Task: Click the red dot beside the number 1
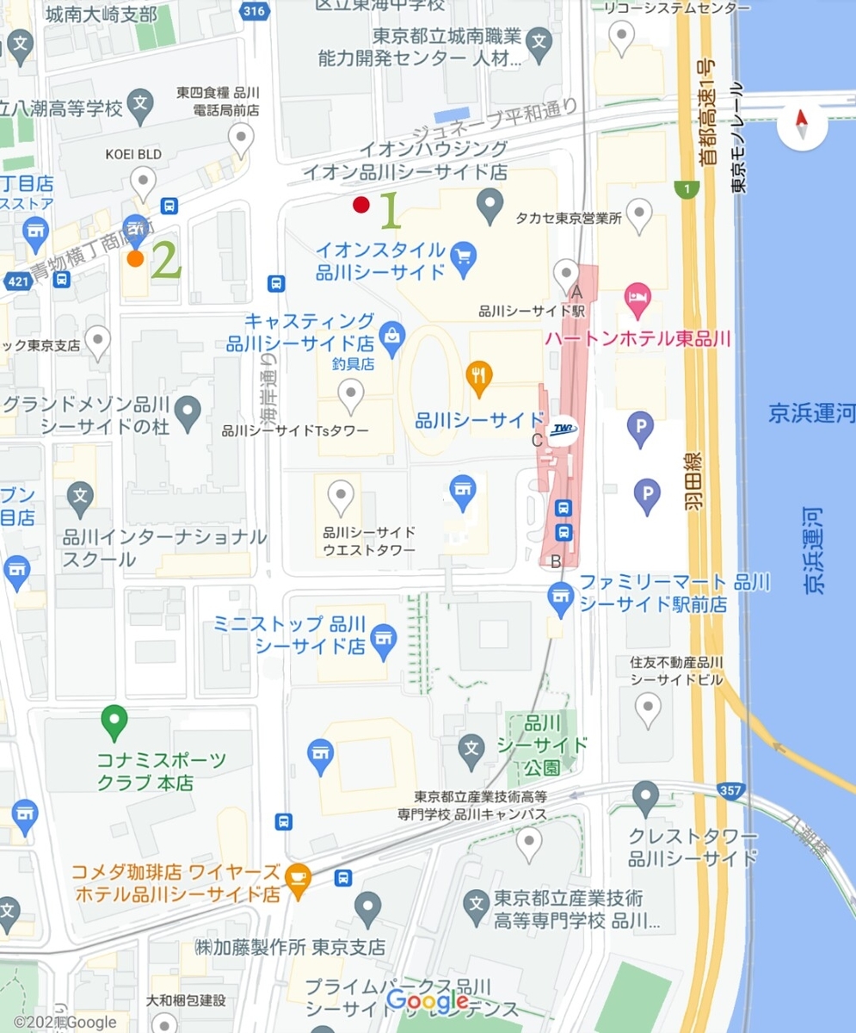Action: pyautogui.click(x=361, y=205)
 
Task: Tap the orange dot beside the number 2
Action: pyautogui.click(x=135, y=258)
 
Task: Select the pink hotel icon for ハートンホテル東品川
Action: pyautogui.click(x=638, y=299)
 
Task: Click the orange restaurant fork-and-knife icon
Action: pyautogui.click(x=478, y=374)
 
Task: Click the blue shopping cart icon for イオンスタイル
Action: pyautogui.click(x=464, y=255)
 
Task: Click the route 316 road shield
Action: pyautogui.click(x=254, y=10)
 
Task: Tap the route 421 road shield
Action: pyautogui.click(x=14, y=281)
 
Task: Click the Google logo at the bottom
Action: pyautogui.click(x=427, y=1001)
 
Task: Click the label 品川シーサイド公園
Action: pyautogui.click(x=545, y=744)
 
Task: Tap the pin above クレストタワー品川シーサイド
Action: pyautogui.click(x=645, y=797)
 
